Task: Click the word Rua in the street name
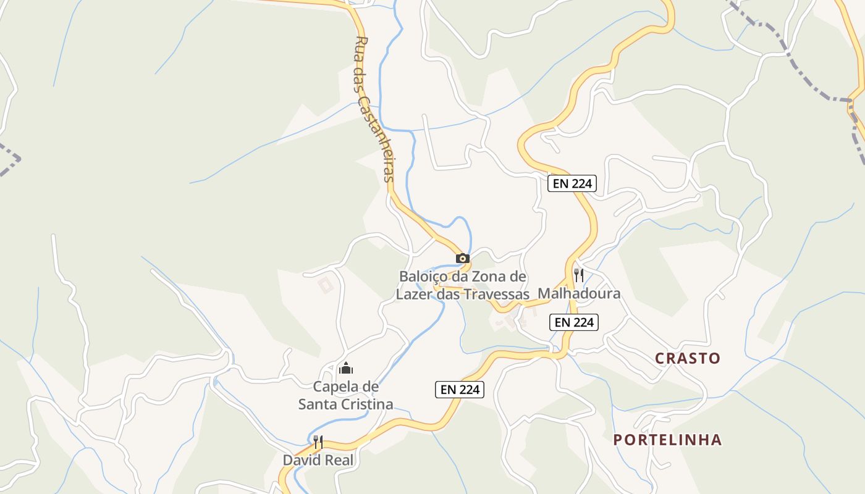coord(361,48)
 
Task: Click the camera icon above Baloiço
coord(463,258)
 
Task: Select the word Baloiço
coord(424,277)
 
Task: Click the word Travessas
coord(499,295)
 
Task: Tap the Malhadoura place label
coord(579,293)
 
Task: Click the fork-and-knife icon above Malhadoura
coord(579,275)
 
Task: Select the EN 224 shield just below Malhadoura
coord(574,322)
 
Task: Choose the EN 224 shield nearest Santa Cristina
coord(460,390)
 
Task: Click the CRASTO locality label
coord(688,358)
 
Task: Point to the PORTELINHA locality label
coord(667,440)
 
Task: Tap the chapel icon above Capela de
coord(346,369)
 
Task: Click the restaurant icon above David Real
coord(318,442)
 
